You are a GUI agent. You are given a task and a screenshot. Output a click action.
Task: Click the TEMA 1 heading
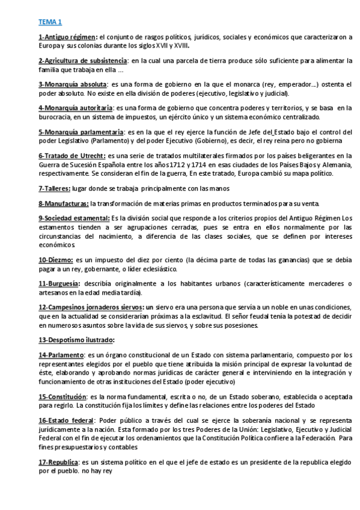pyautogui.click(x=50, y=22)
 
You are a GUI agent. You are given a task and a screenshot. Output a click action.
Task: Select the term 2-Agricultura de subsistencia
pyautogui.click(x=82, y=61)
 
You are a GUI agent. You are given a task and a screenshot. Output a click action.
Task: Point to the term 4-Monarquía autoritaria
pyautogui.click(x=76, y=108)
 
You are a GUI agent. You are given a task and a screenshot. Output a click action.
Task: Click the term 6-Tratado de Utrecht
pyautogui.click(x=71, y=155)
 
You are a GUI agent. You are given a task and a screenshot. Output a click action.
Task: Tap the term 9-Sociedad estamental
pyautogui.click(x=75, y=217)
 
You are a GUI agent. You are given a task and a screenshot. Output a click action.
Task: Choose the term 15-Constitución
pyautogui.click(x=62, y=396)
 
